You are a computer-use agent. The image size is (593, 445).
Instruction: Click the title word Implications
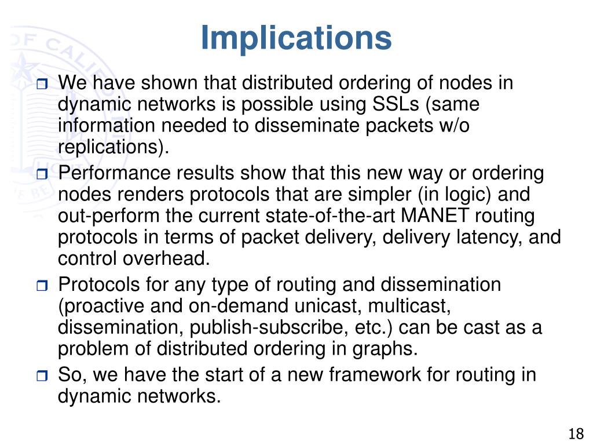pos(296,38)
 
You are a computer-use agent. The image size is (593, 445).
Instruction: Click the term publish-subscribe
pos(261,327)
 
